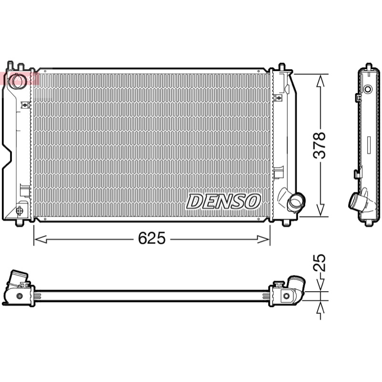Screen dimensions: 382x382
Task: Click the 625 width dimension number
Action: coord(151,238)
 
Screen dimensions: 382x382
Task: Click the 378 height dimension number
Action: coord(319,146)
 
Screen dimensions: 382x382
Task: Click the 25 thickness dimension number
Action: coord(319,263)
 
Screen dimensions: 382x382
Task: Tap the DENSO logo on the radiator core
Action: coord(223,201)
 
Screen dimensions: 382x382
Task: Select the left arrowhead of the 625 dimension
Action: coord(41,239)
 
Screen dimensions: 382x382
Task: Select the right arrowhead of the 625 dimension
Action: coord(264,239)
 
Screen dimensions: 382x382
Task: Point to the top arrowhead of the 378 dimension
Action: coord(320,81)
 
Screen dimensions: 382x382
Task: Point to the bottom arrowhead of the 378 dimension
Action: coord(320,210)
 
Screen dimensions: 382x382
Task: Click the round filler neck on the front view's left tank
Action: coord(18,81)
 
